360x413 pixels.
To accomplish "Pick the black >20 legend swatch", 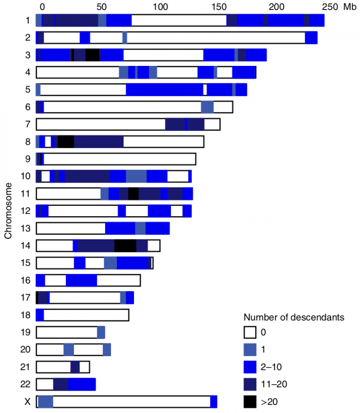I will (x=250, y=402).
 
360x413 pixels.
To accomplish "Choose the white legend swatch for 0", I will (x=250, y=333).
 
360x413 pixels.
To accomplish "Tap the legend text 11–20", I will (x=274, y=384).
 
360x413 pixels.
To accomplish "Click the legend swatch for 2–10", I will (x=250, y=367).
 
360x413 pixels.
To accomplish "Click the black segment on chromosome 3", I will (x=92, y=55).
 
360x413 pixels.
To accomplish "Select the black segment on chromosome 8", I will (x=66, y=142).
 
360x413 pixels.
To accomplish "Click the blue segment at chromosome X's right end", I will (x=214, y=402).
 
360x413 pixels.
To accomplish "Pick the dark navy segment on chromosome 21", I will (x=75, y=367).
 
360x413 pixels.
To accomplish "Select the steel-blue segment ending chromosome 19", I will (x=101, y=332).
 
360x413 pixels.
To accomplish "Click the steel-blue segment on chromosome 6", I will (x=207, y=107).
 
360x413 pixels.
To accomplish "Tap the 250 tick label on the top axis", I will (x=331, y=7).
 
